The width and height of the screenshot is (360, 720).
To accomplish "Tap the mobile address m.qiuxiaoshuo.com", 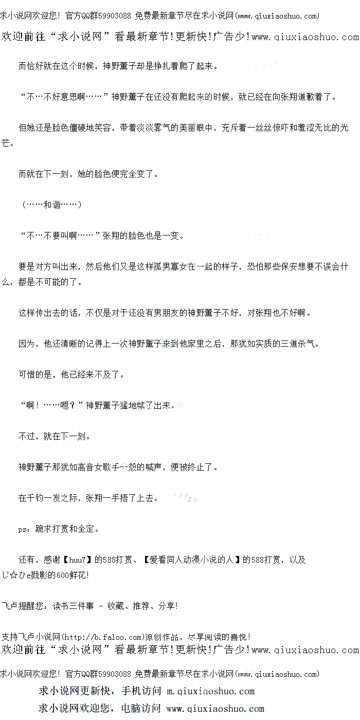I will pos(211,691).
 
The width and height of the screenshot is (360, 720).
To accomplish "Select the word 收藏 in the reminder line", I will pos(116,606).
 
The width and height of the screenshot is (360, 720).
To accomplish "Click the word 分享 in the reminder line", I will pos(167,606).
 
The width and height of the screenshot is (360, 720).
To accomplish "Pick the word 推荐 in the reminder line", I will pos(141,606).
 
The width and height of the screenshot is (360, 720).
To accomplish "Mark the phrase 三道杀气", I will pos(294,344).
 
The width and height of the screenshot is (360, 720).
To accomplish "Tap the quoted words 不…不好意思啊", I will pos(62,97).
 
